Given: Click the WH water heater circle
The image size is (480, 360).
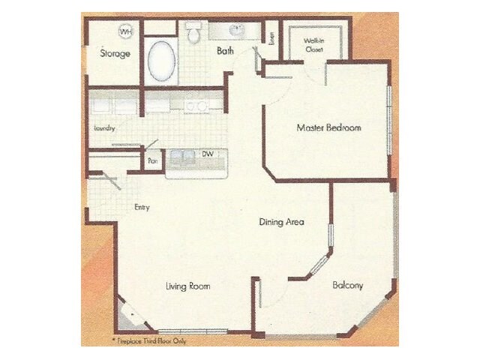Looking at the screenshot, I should pos(125,32).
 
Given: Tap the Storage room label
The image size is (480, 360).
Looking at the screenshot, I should pos(115,54).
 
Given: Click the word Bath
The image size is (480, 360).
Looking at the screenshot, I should pos(225,52).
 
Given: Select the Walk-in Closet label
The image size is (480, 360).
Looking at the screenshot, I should pos(313,46).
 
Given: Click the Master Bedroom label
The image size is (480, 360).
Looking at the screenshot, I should pos(328,128).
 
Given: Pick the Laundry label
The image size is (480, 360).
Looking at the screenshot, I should pos(104,128).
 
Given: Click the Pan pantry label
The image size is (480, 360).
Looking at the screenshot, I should pos(152,160).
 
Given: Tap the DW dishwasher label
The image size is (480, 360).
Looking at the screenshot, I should pos(208,154).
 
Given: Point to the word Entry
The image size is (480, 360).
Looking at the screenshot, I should pos(142,207).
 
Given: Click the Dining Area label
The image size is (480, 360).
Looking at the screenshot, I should pos(281,222).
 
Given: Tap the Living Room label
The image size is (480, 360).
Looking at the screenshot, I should pos(187,286).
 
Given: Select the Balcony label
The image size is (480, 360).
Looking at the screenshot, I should pos(347,285).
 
